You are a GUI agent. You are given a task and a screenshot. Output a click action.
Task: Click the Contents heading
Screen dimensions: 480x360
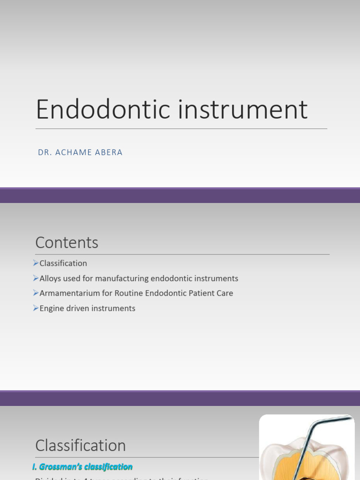coord(67,242)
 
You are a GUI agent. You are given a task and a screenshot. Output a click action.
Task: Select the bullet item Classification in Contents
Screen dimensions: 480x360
coord(63,263)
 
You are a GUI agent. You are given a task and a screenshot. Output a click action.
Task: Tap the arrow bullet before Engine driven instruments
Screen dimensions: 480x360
coord(36,308)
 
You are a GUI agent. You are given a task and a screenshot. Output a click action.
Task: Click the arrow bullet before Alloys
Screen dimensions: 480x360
coord(36,278)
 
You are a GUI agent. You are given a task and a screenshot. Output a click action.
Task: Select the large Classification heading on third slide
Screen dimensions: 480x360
coord(81,445)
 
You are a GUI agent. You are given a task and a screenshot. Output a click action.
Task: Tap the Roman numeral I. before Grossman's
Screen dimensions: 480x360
coord(35,467)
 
